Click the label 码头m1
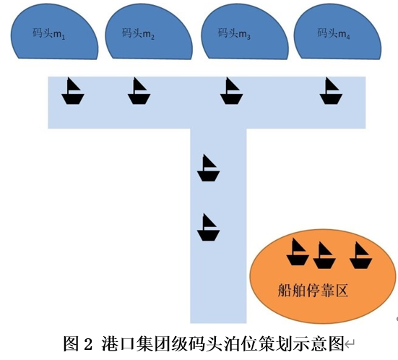point(48,33)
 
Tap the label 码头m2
point(138,33)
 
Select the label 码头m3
point(234,33)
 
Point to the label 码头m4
point(334,33)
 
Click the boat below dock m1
point(73,92)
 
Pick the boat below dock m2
point(139,92)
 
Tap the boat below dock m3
point(231,92)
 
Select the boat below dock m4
point(331,92)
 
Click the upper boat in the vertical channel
point(208,168)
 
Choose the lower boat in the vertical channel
point(208,228)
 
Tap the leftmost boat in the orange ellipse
point(298,252)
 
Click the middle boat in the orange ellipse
point(324,256)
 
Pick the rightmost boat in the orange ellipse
point(360,256)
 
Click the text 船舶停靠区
point(313,291)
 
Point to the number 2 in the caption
point(87,343)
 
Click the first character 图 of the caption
point(72,343)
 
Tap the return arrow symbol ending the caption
point(350,345)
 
